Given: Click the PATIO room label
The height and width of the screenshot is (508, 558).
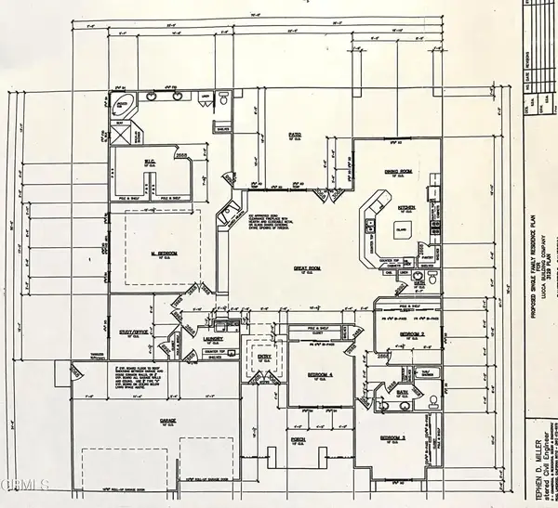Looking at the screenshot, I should click(x=295, y=136).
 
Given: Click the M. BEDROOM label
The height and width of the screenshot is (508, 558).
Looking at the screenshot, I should click(x=165, y=253).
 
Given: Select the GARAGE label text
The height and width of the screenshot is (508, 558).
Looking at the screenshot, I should click(x=168, y=420).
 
